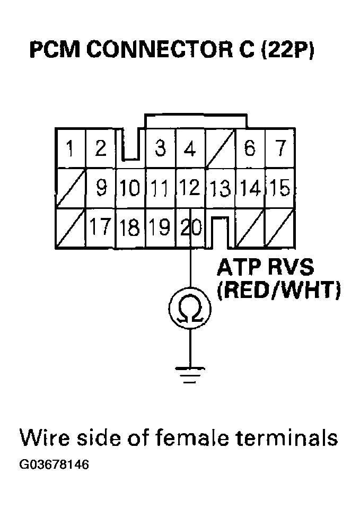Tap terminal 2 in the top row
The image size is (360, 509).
100,148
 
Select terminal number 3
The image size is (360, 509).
160,148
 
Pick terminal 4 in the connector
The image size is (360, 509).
189,148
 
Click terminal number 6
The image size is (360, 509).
249,148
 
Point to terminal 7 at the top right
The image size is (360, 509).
279,148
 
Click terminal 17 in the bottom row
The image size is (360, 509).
100,227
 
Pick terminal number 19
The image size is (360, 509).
160,227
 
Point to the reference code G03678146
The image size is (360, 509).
54,465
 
